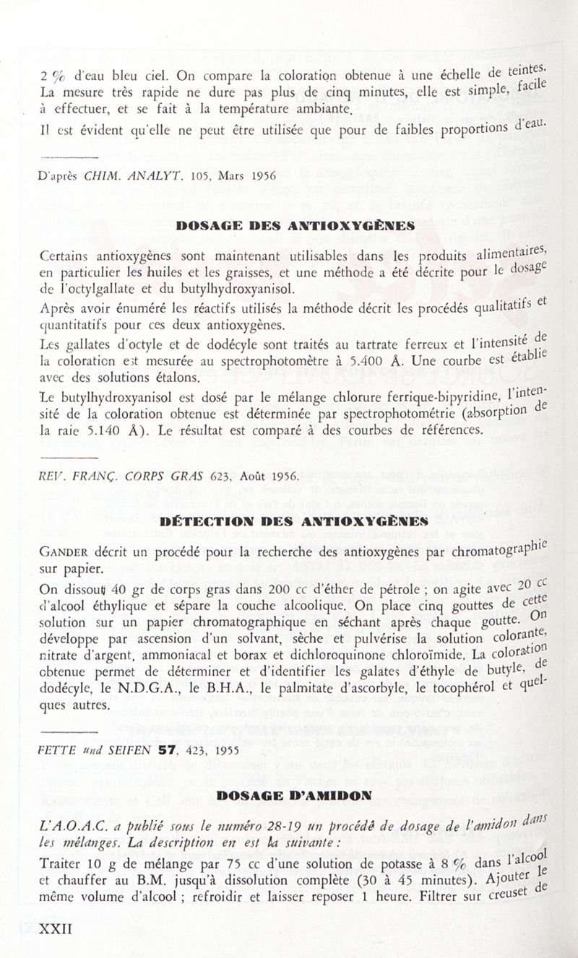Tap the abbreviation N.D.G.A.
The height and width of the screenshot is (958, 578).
(x=156, y=686)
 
